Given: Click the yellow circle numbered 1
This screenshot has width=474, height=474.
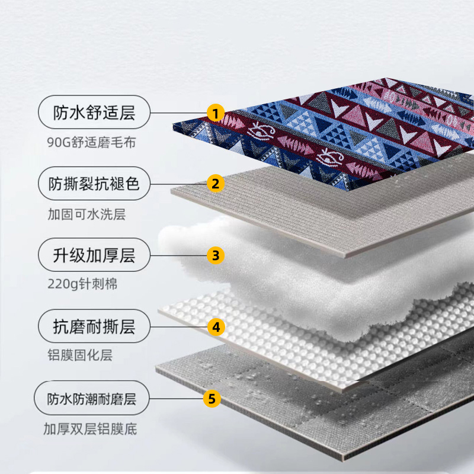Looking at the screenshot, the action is (x=216, y=113).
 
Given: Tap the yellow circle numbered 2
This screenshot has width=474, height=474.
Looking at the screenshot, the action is (x=216, y=184).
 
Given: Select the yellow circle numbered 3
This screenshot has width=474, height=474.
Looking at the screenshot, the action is (x=216, y=255).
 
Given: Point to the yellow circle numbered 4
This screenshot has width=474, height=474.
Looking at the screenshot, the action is (x=216, y=327).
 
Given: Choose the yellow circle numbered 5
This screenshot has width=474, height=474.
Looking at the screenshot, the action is (x=212, y=398).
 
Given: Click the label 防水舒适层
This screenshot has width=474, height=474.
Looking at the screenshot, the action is (x=94, y=113).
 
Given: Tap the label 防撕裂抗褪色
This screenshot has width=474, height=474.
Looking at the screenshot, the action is (x=94, y=184).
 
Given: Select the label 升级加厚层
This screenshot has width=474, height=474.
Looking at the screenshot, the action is (x=94, y=255).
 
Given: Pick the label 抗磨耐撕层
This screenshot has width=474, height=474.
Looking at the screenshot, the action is (x=94, y=326).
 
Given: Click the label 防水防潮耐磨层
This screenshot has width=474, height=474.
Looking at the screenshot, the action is (x=92, y=399).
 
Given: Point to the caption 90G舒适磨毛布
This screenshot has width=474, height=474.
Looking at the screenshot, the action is (x=91, y=142).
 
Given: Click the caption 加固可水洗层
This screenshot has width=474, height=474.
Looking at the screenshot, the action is (x=87, y=214).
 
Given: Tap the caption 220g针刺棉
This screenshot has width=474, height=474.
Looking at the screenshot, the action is (x=82, y=284).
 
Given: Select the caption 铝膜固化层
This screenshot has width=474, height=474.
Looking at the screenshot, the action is (x=80, y=355).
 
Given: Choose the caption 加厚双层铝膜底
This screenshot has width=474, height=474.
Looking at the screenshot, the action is (x=90, y=429).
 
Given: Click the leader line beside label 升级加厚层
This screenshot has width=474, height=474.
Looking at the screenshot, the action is (x=178, y=255).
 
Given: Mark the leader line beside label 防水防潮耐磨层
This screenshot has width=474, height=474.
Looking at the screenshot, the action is (x=176, y=398).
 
